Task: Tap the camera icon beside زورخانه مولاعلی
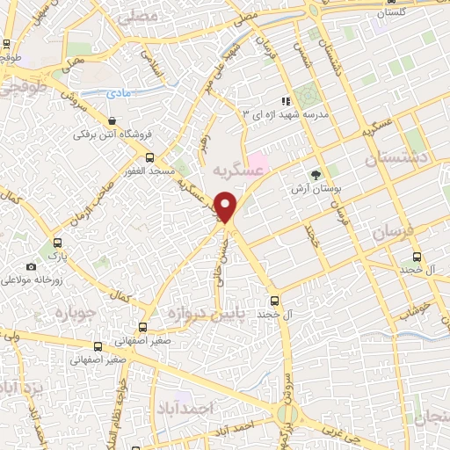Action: tap(32, 266)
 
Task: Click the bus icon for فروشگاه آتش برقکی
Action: tap(112, 120)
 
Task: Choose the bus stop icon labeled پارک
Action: tap(58, 243)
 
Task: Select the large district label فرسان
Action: tap(390, 233)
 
